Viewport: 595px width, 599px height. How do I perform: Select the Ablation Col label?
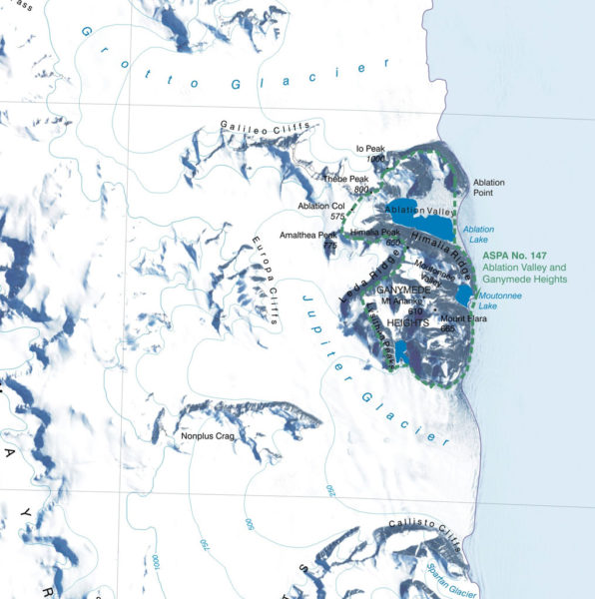click(320, 207)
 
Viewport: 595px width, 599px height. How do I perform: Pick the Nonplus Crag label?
click(204, 436)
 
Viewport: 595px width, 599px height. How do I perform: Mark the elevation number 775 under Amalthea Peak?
click(330, 245)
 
